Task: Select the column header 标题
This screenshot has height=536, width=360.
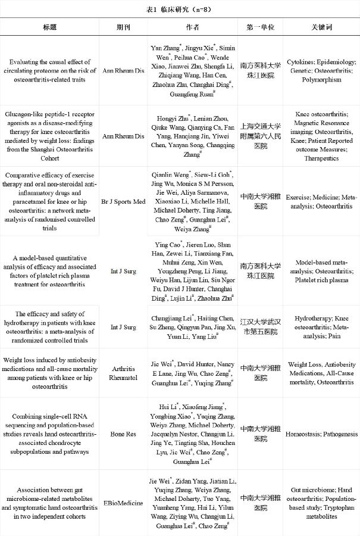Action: (x=49, y=27)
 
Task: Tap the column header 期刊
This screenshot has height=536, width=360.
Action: (x=124, y=27)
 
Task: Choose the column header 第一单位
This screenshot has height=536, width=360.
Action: (x=260, y=27)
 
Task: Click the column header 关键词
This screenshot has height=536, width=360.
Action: (x=321, y=27)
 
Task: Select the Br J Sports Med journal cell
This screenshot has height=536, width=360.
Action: (x=124, y=202)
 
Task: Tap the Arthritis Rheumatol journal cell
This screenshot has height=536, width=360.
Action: (x=124, y=373)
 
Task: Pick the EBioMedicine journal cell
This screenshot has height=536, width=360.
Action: (x=124, y=503)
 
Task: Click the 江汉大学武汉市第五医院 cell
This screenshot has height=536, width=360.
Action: (x=260, y=327)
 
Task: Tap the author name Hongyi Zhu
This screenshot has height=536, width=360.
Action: (x=171, y=118)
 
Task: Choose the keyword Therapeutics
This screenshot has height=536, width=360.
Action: (x=321, y=158)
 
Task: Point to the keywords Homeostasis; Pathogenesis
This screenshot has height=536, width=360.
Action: (x=321, y=435)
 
